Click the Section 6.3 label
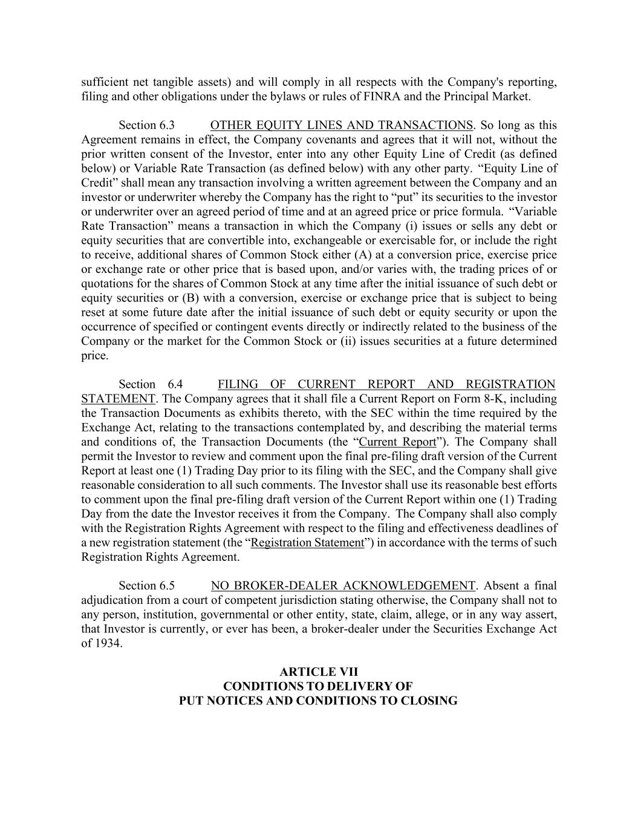click(146, 125)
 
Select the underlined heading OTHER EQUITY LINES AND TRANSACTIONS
click(342, 125)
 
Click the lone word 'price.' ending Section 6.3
click(95, 356)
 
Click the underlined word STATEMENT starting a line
click(118, 399)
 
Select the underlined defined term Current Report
click(397, 442)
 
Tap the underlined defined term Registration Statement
click(307, 543)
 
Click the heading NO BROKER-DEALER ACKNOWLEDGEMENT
click(343, 586)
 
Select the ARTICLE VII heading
click(319, 672)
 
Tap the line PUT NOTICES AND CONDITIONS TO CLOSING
click(318, 701)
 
